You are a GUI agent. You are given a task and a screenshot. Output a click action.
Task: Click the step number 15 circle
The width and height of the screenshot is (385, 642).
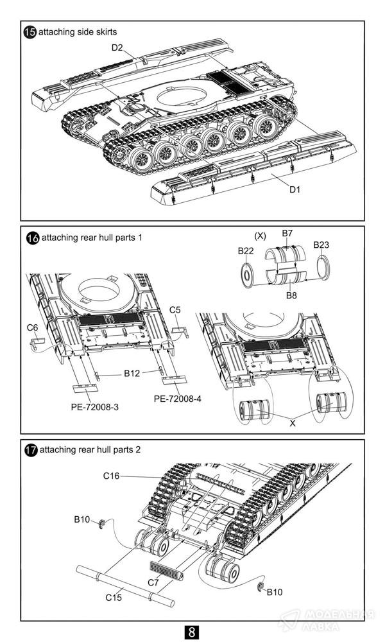31,32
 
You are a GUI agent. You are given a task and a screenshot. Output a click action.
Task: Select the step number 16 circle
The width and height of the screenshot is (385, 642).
33,238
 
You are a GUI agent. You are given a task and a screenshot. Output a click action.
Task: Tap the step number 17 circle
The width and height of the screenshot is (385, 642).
31,450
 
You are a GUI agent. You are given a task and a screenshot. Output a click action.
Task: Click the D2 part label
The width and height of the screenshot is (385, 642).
117,48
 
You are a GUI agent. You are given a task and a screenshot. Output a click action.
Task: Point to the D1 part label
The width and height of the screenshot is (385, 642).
295,189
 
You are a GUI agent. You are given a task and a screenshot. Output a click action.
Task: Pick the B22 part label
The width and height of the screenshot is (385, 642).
246,251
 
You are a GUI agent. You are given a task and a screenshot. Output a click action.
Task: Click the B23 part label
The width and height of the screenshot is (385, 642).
321,245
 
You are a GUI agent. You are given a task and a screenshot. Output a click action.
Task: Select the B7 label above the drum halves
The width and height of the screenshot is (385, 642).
287,234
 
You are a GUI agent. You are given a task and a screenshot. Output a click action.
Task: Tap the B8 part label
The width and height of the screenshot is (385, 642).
291,295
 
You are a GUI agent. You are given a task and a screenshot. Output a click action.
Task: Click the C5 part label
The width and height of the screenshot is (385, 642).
175,310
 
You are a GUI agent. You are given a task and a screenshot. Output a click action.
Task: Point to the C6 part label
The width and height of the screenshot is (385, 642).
32,327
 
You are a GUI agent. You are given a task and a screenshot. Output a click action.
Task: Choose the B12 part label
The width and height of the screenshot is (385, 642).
132,374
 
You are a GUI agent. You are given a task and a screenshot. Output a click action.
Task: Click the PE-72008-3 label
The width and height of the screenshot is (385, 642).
95,408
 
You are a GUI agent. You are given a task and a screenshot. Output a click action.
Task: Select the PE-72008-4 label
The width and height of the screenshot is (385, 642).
178,399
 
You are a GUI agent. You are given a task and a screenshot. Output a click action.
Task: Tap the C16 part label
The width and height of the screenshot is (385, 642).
111,476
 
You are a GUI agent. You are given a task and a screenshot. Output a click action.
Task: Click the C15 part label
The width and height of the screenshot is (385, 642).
114,598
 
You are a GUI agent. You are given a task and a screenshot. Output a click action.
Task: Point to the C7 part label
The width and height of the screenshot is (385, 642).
153,583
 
